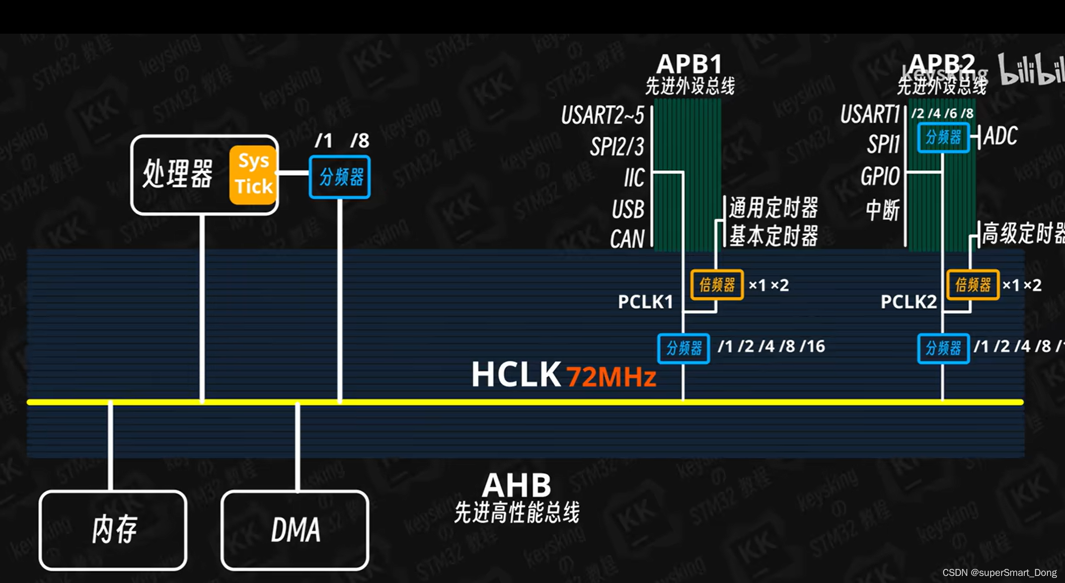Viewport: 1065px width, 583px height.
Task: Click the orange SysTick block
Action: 253,175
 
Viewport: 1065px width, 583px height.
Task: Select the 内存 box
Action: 113,530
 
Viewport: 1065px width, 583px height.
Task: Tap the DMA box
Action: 295,530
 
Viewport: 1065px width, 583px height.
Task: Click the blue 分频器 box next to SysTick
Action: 340,177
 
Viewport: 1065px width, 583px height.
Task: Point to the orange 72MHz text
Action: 611,376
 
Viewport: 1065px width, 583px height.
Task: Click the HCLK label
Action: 515,375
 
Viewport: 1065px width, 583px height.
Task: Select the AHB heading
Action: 516,485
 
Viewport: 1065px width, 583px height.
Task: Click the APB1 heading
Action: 689,64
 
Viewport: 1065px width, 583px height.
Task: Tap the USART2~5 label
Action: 602,115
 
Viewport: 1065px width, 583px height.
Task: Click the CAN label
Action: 627,239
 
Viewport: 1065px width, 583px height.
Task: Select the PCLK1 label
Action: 645,302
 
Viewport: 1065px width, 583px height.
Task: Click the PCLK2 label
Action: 908,302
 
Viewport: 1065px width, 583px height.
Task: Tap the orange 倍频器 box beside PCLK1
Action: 717,285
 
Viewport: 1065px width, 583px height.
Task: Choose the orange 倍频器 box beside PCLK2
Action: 972,285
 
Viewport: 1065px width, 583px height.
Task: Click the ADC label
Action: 1000,136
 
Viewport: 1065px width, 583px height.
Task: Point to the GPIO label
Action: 880,177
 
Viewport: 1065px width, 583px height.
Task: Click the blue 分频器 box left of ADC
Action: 943,137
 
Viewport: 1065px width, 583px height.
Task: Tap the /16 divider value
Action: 812,347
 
